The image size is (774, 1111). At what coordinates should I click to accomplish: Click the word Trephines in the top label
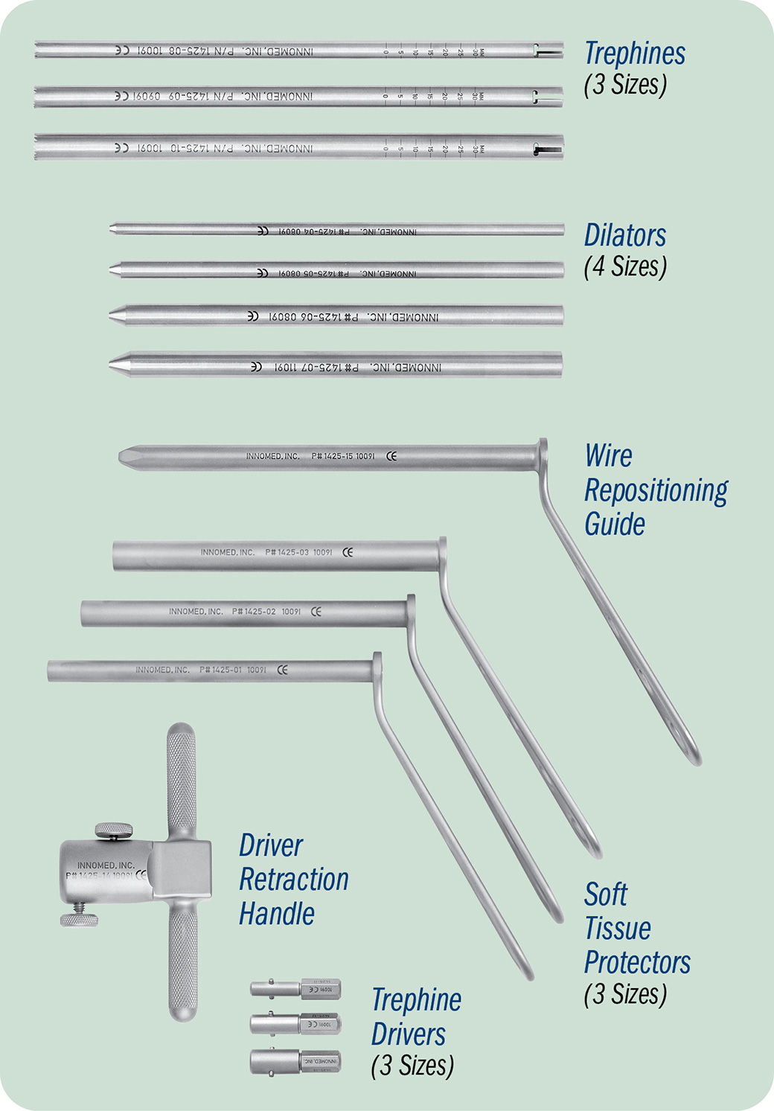coord(634,54)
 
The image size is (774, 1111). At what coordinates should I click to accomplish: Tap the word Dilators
coord(624,235)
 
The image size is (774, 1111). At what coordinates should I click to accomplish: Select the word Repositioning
coord(656,490)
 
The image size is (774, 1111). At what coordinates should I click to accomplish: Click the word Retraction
coord(293,880)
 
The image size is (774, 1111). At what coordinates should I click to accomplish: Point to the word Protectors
coord(637,962)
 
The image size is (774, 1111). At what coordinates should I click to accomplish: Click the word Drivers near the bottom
coord(408,1034)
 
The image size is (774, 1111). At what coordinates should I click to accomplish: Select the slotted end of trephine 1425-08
coord(547,51)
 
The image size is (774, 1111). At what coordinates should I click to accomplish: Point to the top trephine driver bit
coord(295,989)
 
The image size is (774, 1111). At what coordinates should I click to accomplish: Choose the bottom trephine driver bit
coord(295,1060)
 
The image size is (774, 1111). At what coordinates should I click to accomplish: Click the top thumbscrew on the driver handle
coord(114,829)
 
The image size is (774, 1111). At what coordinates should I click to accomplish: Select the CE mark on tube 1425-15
coord(391,456)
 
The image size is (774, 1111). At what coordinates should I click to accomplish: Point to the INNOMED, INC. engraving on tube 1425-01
coord(162,670)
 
